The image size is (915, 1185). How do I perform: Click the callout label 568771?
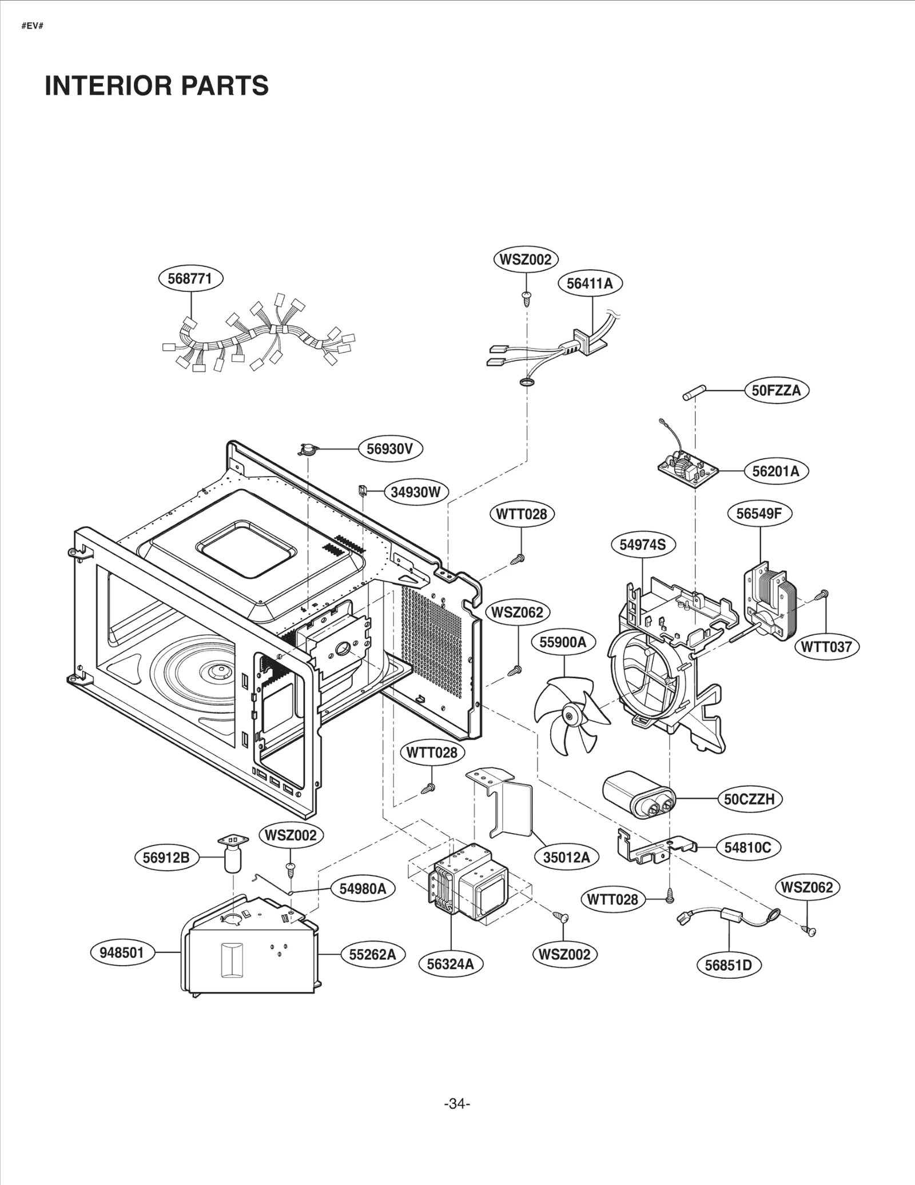pos(190,279)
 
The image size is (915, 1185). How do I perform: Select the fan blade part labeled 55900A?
pos(566,714)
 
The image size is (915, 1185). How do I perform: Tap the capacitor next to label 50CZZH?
pos(638,795)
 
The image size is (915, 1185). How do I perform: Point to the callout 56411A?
pos(590,283)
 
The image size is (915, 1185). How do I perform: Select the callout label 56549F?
pos(759,514)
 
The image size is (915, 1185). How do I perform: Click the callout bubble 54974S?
pos(643,545)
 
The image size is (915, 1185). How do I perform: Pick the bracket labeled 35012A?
pos(503,800)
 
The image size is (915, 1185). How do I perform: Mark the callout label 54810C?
pos(747,847)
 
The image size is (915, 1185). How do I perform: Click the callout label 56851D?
pos(728,965)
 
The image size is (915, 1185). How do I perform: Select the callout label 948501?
pos(122,952)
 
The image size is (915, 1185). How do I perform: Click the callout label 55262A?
pos(372,954)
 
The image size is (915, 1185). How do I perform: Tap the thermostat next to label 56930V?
pos(308,450)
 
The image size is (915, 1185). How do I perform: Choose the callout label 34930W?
pos(416,492)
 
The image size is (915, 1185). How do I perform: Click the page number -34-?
pos(457,1104)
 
